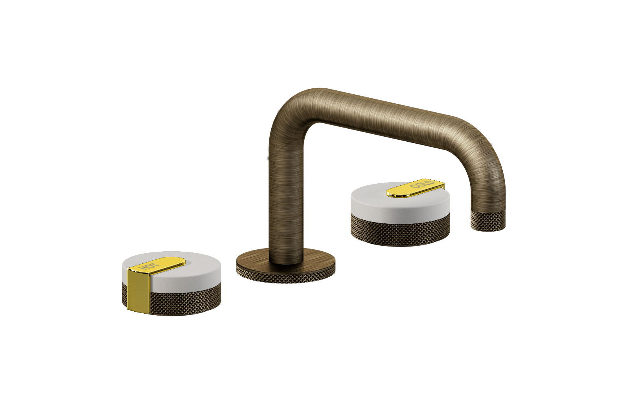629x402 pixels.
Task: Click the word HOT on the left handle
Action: (150, 267)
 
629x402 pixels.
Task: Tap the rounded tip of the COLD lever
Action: (393, 193)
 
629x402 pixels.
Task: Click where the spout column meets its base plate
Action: (286, 261)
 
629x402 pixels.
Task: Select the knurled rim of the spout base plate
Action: (286, 277)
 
